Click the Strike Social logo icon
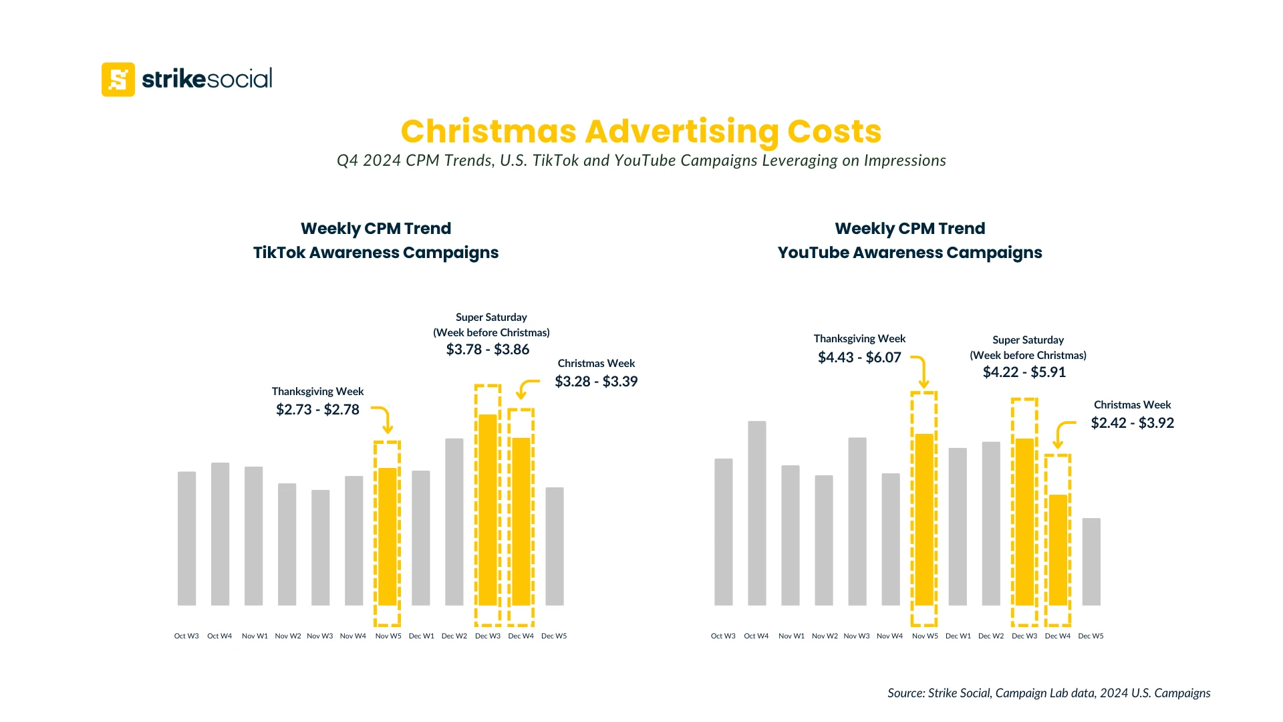click(x=118, y=80)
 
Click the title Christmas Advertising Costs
click(x=641, y=131)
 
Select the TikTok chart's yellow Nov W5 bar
click(x=388, y=536)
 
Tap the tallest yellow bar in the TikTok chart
click(x=488, y=509)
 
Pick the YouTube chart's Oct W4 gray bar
click(x=757, y=513)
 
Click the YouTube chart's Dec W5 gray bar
click(x=1091, y=562)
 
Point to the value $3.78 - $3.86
click(x=488, y=350)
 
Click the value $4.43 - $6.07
click(x=859, y=358)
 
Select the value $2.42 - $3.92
click(x=1132, y=423)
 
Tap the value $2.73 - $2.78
click(x=317, y=410)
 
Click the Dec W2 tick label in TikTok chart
click(x=454, y=636)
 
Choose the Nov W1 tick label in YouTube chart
click(x=791, y=636)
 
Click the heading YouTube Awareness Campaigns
click(x=909, y=253)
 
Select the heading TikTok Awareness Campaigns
click(x=376, y=253)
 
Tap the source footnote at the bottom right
click(x=1048, y=693)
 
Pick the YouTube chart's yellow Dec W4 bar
click(x=1058, y=550)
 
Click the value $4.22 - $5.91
click(x=1024, y=372)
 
